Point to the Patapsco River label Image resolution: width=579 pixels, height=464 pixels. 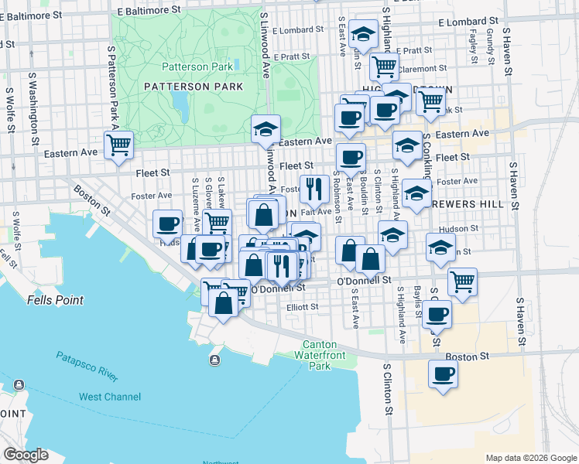point(87,367)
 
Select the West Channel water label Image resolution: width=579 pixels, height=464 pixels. point(110,397)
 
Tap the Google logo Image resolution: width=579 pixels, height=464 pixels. point(26,455)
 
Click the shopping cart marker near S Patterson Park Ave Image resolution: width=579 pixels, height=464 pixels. point(119,145)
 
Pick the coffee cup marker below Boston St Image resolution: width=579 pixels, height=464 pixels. point(444,374)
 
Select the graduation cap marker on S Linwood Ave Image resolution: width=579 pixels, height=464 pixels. point(266,128)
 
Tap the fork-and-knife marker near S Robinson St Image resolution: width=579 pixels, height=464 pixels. point(314,188)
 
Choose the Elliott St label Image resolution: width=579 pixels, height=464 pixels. point(302,307)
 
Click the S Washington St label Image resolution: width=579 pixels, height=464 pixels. point(33,108)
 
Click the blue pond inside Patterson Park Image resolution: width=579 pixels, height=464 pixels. point(180,102)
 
